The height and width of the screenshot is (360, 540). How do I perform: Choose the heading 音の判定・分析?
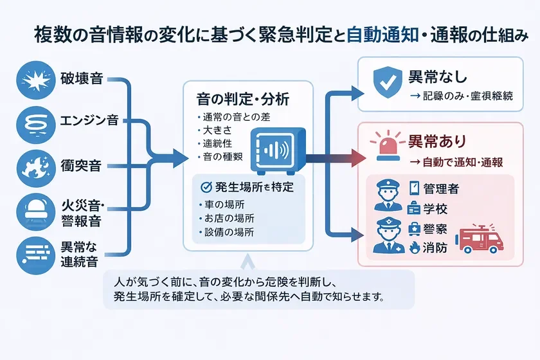(x=242, y=100)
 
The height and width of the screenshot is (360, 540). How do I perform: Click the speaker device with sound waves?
(x=277, y=152)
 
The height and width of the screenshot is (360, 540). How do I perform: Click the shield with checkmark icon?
(x=386, y=82)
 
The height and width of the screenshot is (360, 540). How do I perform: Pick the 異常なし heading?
(x=438, y=76)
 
